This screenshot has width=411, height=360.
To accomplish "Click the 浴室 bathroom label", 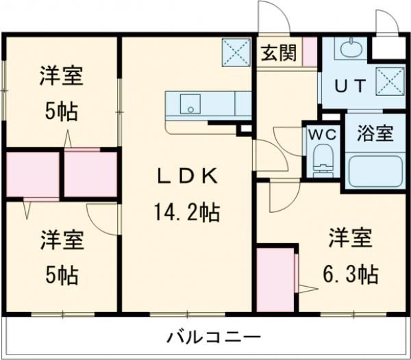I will coord(375,133).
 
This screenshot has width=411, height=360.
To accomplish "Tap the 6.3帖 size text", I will coord(350,275).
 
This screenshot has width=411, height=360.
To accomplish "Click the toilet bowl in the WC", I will coord(322,162).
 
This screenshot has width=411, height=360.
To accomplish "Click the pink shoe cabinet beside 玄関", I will coord(310,49).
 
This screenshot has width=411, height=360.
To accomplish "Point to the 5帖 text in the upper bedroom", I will coord(62,112).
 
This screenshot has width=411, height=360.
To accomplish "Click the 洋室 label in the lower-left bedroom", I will coord(62,241).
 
